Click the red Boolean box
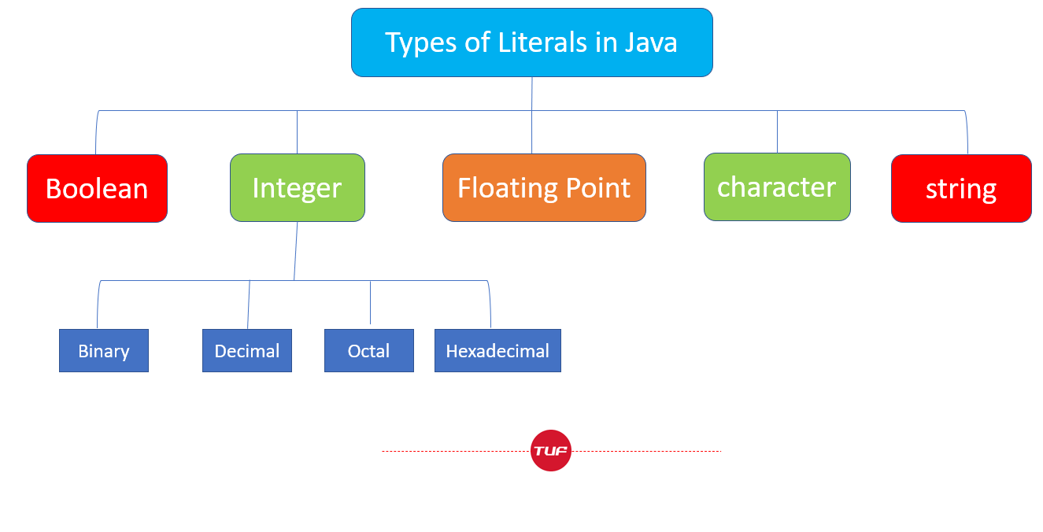pos(98,189)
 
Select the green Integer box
pos(298,187)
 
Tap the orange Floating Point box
pos(544,187)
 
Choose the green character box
pos(777,187)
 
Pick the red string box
pos(961,189)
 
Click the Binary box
pos(104,350)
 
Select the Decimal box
pos(247,350)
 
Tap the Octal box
pos(369,350)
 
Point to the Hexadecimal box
pos(497,350)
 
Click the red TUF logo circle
pos(551,451)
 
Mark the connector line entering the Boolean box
pos(96,133)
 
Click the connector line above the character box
pos(777,131)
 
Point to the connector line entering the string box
pos(967,133)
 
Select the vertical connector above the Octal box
pos(370,302)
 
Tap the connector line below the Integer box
pos(296,251)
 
